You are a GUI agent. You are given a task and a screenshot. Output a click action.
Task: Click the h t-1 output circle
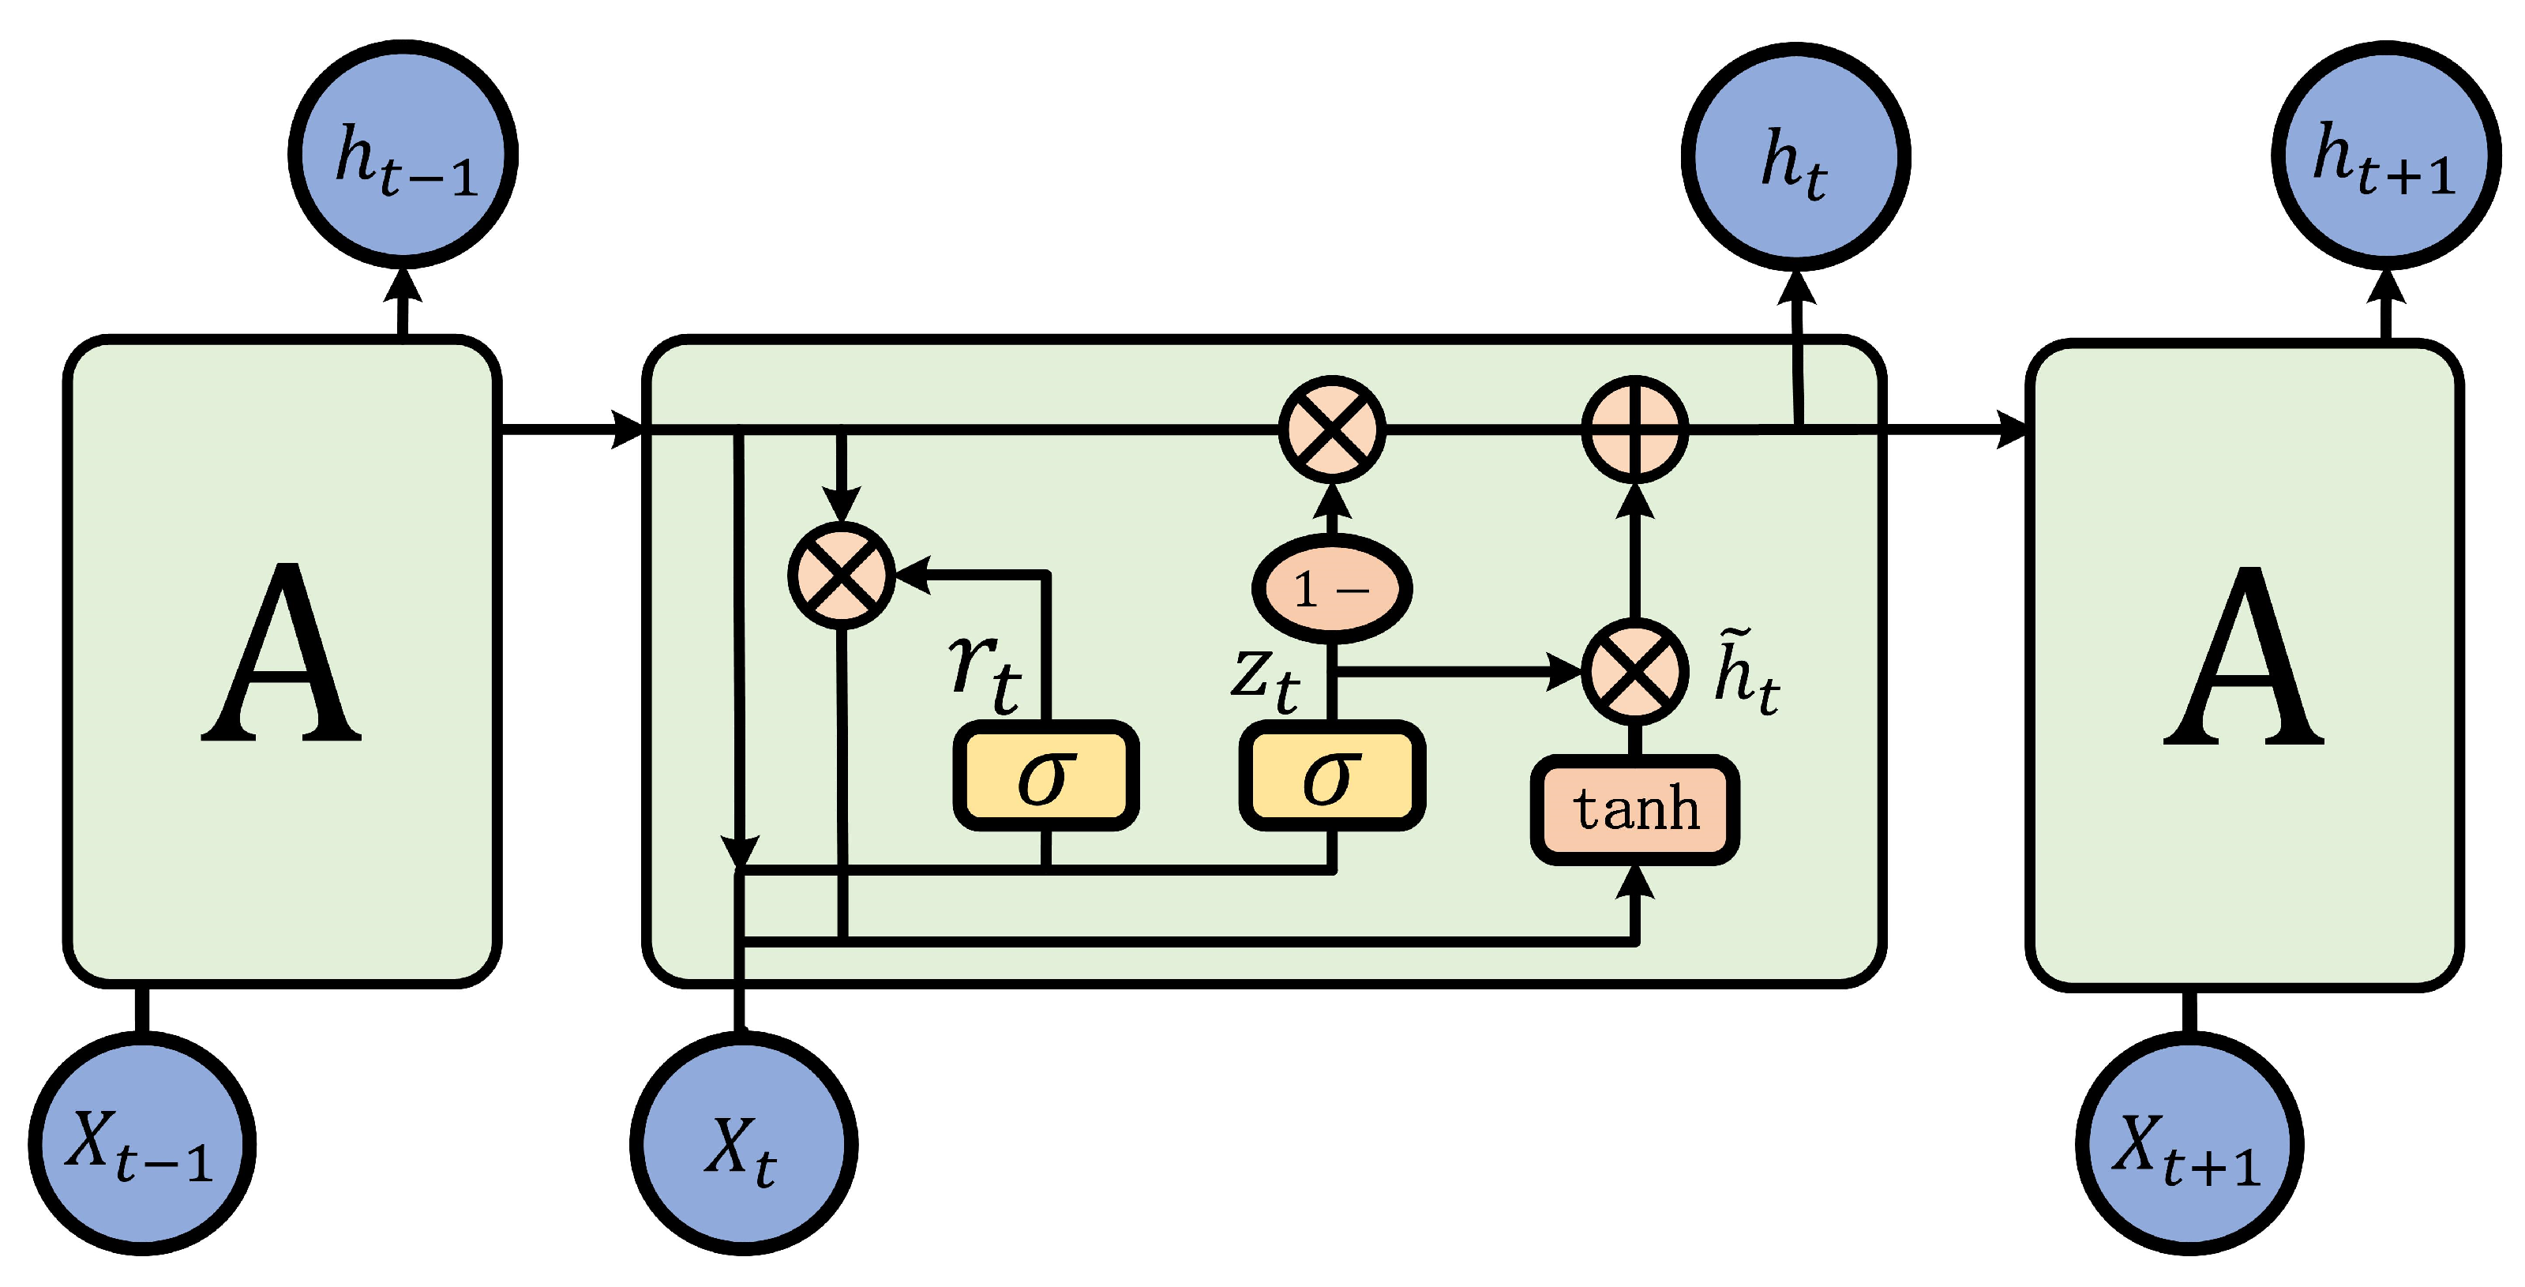click(403, 155)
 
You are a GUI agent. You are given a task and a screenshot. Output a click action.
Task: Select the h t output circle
click(1795, 157)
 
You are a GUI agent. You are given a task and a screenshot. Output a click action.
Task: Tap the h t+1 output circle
click(2386, 155)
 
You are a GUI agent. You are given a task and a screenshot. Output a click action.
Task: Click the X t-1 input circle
click(142, 1144)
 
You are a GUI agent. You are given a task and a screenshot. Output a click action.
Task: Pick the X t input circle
click(744, 1144)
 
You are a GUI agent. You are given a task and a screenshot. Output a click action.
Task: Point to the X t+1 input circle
click(2189, 1144)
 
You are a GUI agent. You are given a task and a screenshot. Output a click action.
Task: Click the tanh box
click(1635, 809)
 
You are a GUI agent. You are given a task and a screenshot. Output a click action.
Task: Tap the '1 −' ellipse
click(1332, 589)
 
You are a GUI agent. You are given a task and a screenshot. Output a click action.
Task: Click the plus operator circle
click(1635, 430)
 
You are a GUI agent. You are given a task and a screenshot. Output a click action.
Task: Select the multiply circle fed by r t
click(842, 576)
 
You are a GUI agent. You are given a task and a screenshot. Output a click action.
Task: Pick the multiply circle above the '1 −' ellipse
click(1332, 430)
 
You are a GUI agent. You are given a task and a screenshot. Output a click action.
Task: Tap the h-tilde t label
click(1746, 674)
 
